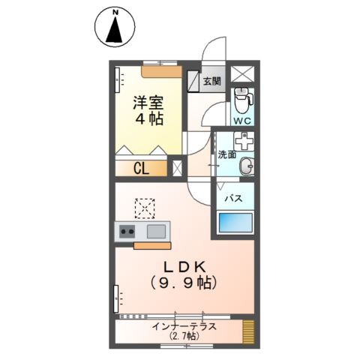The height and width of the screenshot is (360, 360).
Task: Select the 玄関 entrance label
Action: click(211, 81)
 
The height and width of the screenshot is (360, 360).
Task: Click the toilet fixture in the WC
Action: click(241, 97)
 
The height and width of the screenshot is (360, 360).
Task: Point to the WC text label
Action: click(241, 120)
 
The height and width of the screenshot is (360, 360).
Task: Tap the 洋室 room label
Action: click(149, 103)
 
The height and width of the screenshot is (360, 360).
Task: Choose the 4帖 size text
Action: click(149, 120)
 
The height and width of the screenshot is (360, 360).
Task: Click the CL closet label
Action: click(141, 168)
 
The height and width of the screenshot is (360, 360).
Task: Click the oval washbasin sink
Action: click(245, 169)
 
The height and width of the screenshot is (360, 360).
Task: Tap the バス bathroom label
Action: click(233, 198)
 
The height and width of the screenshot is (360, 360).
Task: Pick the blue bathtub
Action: click(235, 223)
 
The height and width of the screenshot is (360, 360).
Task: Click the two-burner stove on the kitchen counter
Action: click(125, 231)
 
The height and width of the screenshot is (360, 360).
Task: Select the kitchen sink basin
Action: click(156, 231)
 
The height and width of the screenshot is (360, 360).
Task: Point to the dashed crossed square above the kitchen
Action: click(144, 206)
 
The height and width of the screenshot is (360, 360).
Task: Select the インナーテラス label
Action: click(184, 325)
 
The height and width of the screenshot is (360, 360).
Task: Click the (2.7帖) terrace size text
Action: click(184, 337)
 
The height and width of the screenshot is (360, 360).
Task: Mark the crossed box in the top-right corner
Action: click(241, 74)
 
